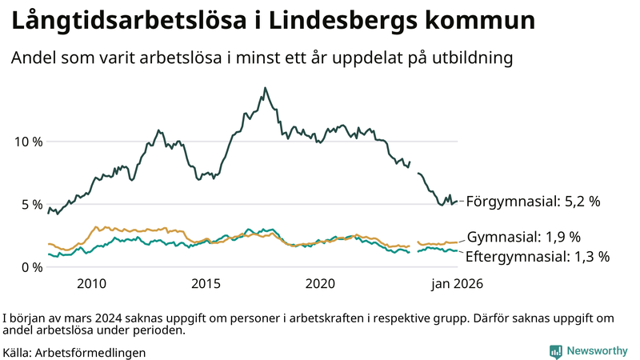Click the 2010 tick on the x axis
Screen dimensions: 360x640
pyautogui.click(x=91, y=283)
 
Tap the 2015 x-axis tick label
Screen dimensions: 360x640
pyautogui.click(x=206, y=283)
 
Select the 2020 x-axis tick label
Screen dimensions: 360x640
pyautogui.click(x=320, y=283)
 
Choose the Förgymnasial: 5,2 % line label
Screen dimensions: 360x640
pyautogui.click(x=533, y=202)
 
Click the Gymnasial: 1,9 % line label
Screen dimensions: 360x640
pyautogui.click(x=523, y=237)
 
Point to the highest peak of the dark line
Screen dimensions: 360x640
pyautogui.click(x=265, y=88)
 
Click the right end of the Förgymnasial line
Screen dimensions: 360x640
pyautogui.click(x=458, y=202)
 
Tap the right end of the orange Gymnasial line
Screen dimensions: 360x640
pyautogui.click(x=458, y=242)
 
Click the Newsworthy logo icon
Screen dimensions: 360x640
pyautogui.click(x=555, y=351)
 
